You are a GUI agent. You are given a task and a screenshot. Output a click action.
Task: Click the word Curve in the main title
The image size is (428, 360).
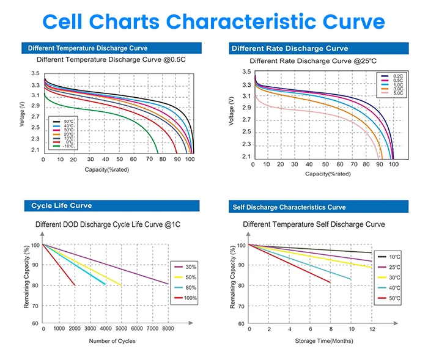346,21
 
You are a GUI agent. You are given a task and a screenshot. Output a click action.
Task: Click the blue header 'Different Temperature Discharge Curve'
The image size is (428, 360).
87,48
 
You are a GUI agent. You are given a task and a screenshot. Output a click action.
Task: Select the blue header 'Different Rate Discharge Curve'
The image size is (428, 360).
290,48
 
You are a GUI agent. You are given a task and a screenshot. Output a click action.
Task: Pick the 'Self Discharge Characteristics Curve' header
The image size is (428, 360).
289,207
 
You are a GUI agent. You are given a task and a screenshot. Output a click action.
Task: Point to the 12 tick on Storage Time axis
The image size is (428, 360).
372,329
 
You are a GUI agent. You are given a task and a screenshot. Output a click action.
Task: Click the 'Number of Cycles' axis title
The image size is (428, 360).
113,340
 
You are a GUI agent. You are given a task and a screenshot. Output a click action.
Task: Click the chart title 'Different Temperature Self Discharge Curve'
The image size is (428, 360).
314,224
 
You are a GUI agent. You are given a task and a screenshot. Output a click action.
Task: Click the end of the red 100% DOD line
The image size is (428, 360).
75,285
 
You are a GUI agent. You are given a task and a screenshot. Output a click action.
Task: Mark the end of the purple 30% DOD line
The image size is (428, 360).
168,284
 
